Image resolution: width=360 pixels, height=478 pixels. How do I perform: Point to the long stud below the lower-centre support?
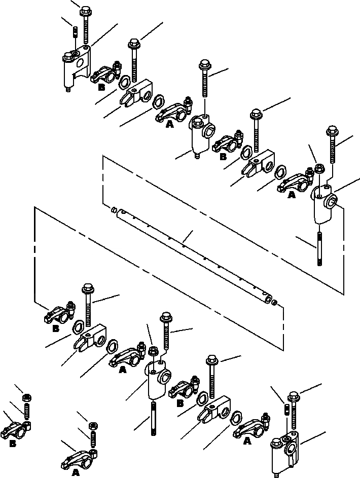coord(152,417)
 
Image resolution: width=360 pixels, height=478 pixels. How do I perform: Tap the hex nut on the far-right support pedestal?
coord(319,168)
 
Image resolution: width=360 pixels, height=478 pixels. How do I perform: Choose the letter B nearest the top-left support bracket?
coord(101,87)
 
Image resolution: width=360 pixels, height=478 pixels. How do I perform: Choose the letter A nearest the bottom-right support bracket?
coord(247,441)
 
